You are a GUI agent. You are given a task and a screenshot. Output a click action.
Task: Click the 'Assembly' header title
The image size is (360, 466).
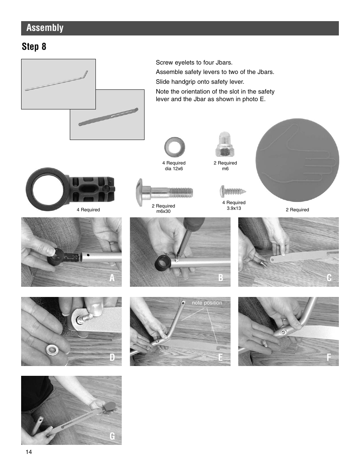pos(45,28)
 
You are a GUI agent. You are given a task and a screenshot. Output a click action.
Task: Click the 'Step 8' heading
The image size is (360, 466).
pos(34,46)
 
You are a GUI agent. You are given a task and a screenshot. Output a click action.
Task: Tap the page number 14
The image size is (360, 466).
pos(29,452)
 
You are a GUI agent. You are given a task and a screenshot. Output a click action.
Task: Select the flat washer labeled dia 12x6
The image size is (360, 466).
pos(174,147)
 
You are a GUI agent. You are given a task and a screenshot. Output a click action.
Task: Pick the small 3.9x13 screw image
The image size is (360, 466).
pos(233,191)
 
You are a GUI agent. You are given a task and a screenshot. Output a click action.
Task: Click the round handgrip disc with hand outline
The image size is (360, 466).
pos(297,160)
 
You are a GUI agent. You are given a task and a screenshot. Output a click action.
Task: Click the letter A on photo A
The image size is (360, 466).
pos(112,278)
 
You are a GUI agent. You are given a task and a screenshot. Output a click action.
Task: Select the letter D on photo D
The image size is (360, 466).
pos(112,357)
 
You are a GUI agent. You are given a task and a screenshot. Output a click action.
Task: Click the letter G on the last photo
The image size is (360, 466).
pos(112,437)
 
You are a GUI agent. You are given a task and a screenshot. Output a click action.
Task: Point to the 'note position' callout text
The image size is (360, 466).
pos(207,303)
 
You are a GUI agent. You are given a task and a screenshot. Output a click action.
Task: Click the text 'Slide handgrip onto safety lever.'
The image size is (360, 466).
pos(200,82)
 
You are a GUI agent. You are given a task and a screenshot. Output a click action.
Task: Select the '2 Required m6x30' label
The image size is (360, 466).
pos(163,208)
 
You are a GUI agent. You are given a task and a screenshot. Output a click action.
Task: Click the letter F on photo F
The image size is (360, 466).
pos(329,357)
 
